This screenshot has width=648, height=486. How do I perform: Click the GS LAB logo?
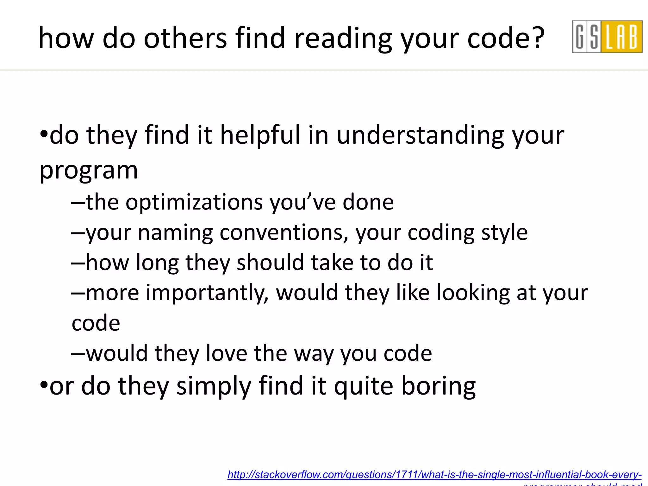click(607, 36)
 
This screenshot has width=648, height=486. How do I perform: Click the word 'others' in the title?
click(185, 38)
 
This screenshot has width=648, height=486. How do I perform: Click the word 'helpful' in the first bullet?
click(260, 135)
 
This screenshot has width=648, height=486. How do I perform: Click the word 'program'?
click(89, 171)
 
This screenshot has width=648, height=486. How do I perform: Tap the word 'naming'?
click(175, 233)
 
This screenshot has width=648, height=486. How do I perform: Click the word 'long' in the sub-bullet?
click(157, 263)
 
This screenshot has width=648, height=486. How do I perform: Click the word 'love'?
click(226, 353)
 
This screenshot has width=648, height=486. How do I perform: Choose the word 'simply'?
click(214, 386)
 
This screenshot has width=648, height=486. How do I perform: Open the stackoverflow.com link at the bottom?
click(434, 475)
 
